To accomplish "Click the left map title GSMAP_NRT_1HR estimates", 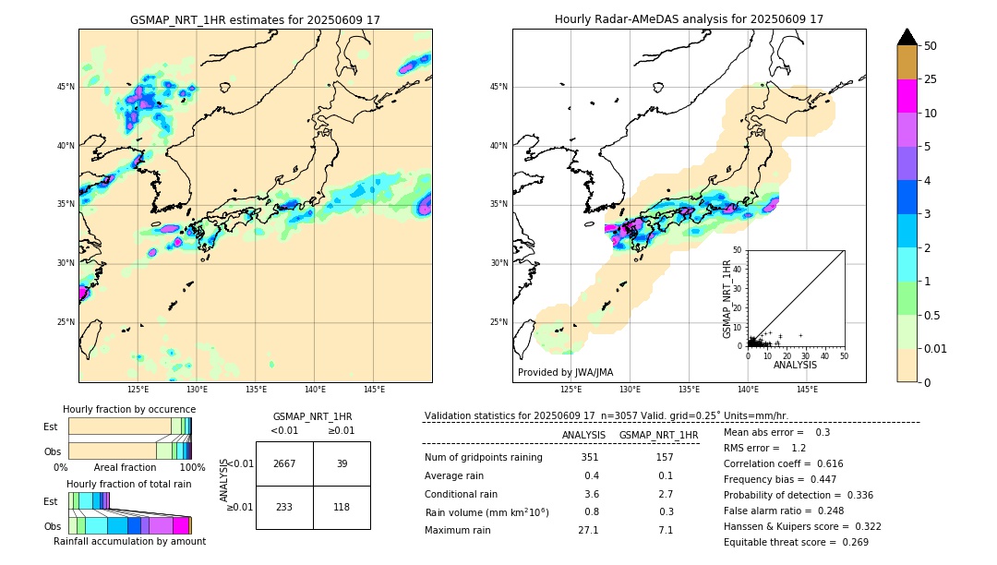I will [x=255, y=19].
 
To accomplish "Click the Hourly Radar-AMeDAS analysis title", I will [x=689, y=19].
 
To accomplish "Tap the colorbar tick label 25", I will [x=931, y=79].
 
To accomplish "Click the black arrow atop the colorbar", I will [x=907, y=37].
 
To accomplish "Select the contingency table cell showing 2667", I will [x=284, y=463].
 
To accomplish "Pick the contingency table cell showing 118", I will [x=342, y=507].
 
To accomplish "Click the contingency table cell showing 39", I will [x=342, y=463].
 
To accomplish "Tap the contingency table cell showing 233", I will [x=284, y=507].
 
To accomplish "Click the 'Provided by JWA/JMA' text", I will [x=565, y=372].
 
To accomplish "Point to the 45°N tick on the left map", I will [x=66, y=87].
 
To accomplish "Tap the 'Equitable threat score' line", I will [x=796, y=542].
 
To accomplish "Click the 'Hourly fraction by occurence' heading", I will [x=129, y=409].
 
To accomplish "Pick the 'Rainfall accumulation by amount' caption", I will [x=129, y=541].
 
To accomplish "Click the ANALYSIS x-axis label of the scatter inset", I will [x=795, y=365].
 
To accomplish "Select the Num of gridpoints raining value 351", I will [x=590, y=457].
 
